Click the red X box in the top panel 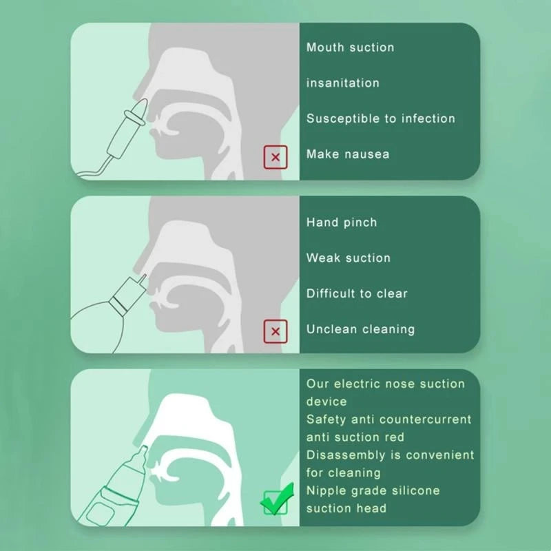coord(275,157)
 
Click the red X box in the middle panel coord(275,331)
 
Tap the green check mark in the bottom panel coord(278,499)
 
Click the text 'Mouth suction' coord(350,48)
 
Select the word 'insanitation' coord(342,83)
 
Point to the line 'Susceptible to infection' coord(381,118)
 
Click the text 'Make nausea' coord(348,154)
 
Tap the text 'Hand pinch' coord(342,222)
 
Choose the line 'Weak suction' coord(349,258)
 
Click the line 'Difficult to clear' coord(357,293)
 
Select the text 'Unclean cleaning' coord(360,329)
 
